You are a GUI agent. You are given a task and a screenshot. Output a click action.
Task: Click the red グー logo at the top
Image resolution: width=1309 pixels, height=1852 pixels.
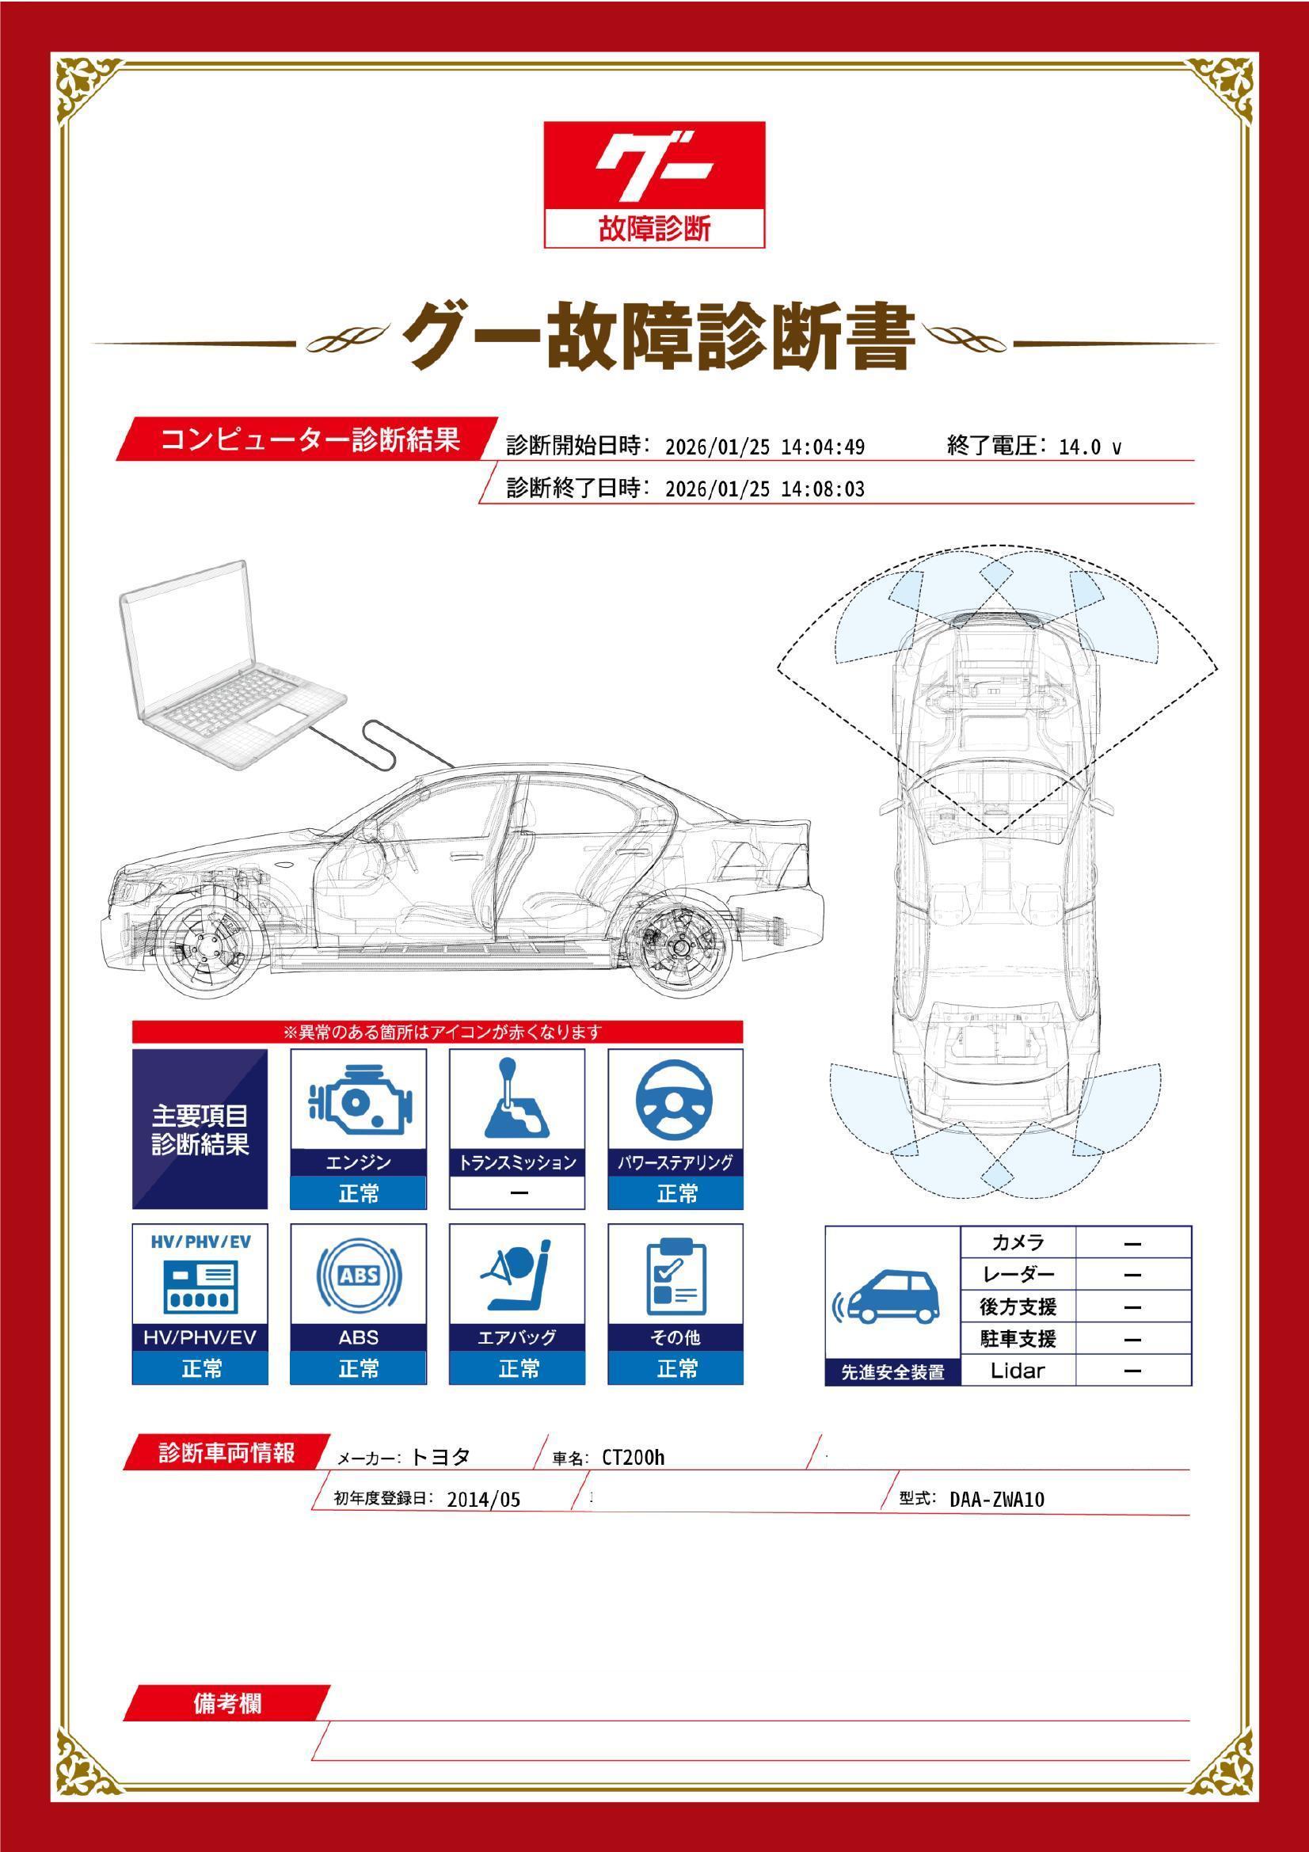[653, 184]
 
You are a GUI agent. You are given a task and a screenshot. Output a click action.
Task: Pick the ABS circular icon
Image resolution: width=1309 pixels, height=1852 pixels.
[358, 1275]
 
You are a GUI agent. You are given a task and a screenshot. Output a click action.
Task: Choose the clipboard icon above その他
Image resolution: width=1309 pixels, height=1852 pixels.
[675, 1277]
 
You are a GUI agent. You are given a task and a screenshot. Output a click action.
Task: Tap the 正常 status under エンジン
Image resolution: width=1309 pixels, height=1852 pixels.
[358, 1193]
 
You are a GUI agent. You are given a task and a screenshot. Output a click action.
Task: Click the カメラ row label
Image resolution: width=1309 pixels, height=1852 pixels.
[1017, 1242]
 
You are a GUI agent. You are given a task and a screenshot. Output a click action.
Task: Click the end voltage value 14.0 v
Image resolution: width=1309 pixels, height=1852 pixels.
[1090, 447]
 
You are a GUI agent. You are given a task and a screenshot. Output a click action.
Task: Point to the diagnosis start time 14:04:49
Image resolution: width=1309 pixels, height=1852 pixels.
[823, 447]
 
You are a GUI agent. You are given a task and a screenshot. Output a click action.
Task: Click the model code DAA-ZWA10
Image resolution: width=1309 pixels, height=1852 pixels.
[997, 1500]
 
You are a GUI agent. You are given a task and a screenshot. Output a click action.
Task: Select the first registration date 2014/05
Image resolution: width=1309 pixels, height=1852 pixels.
[484, 1500]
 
